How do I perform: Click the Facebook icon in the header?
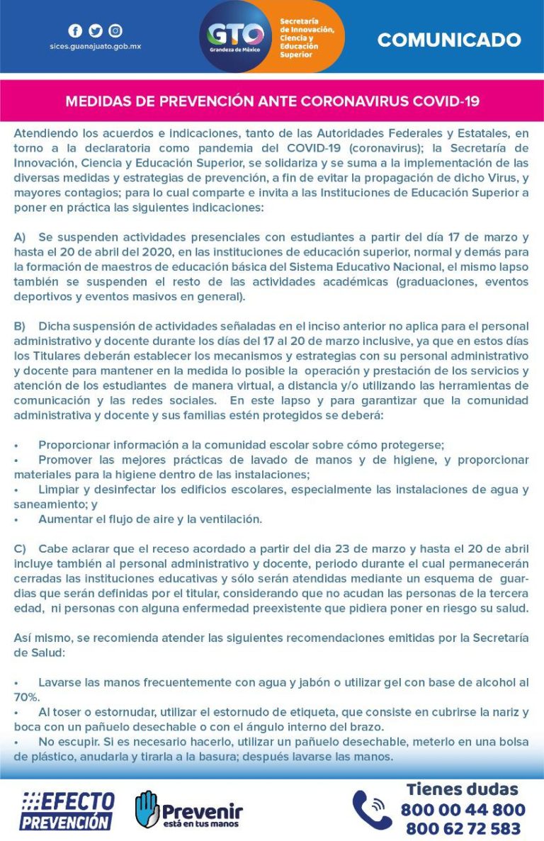click(75, 30)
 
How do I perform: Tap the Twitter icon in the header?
click(95, 30)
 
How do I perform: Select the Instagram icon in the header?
click(115, 30)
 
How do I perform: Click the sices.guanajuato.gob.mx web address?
click(95, 46)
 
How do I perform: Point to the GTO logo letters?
click(235, 34)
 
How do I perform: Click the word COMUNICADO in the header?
click(448, 40)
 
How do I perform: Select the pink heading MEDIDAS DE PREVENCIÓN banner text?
click(272, 101)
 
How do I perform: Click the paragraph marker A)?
click(20, 237)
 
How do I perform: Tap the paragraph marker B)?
click(20, 326)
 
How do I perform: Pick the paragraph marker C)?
click(20, 549)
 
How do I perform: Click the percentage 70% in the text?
click(25, 696)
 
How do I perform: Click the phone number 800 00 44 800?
click(463, 810)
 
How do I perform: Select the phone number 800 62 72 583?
click(463, 828)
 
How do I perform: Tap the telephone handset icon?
click(371, 810)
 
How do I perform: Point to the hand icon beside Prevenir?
click(147, 808)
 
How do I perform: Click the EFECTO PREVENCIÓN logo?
click(67, 811)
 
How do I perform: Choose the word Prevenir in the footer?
click(202, 811)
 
